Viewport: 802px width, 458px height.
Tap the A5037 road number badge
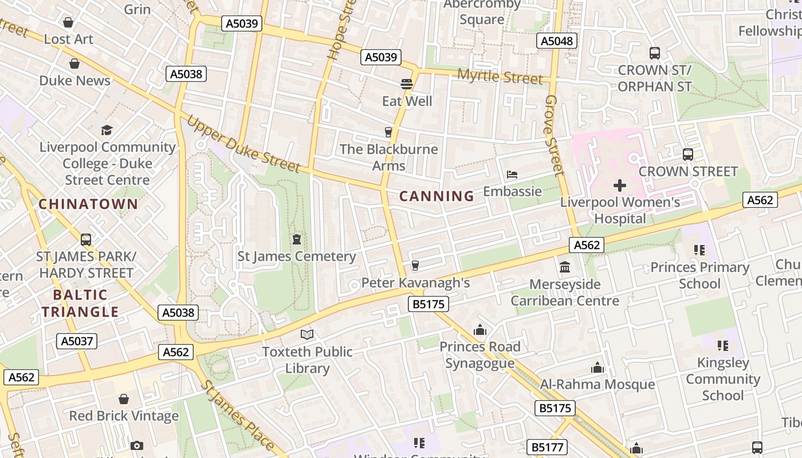[77, 341]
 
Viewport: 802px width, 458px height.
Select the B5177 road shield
[547, 447]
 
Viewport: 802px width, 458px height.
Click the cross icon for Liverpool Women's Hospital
[619, 185]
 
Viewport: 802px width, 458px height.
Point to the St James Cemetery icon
[297, 239]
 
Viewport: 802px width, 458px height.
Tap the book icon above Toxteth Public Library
[307, 334]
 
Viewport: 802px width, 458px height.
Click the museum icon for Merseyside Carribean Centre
[565, 267]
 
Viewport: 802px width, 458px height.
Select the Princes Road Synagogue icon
[480, 330]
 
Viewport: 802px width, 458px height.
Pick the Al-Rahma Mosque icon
[597, 368]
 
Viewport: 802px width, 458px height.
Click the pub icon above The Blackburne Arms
[388, 132]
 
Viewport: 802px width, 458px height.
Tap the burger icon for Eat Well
[407, 84]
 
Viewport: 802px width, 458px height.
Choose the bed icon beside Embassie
[512, 174]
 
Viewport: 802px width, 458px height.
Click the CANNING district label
[437, 196]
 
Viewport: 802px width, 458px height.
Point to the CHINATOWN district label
[88, 204]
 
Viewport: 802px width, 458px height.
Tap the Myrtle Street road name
[500, 77]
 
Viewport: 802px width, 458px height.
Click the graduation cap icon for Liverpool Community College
[107, 130]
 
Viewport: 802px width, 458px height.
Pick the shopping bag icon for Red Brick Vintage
[124, 399]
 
